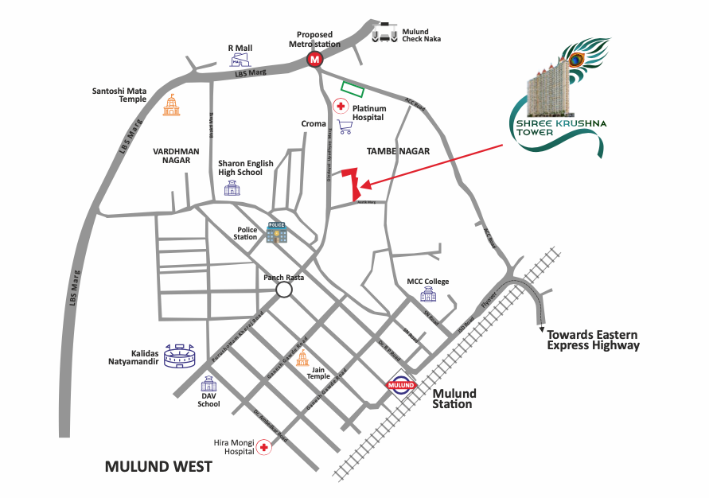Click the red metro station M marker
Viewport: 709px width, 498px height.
(316, 60)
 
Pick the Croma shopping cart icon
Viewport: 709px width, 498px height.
(345, 126)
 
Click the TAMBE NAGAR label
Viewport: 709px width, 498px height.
(398, 151)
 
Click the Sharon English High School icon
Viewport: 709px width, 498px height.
(232, 188)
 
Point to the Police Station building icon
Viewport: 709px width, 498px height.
(276, 231)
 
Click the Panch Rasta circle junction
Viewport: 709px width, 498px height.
(284, 290)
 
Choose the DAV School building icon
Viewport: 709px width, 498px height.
(209, 385)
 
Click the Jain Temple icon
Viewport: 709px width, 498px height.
(302, 357)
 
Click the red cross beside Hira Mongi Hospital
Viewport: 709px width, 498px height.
(263, 449)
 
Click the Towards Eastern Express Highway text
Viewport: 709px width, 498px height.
(593, 340)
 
